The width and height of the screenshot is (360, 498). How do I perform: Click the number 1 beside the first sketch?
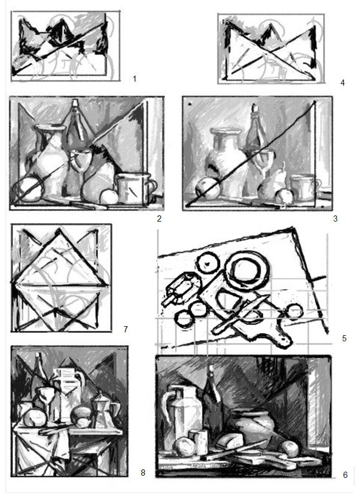point(135,79)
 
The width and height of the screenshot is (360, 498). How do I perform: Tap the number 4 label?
point(343,83)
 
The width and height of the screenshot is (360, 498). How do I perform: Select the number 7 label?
point(126,330)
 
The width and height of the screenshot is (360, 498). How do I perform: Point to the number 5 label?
point(344,338)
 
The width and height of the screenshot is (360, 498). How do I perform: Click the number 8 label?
point(143,473)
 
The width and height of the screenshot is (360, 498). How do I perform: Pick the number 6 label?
point(345,475)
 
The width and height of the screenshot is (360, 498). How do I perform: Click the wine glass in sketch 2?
point(79,172)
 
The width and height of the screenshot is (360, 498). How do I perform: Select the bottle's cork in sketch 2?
point(75,104)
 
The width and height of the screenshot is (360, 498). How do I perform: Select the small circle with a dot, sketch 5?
point(208,263)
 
